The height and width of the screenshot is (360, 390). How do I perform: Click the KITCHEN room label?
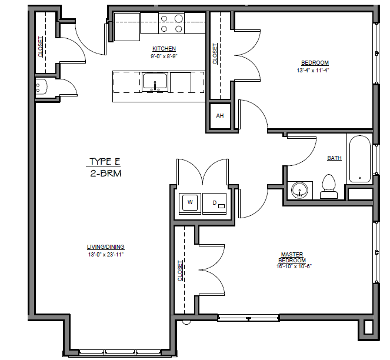(x=164, y=48)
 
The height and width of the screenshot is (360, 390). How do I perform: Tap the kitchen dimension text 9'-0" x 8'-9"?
(x=164, y=56)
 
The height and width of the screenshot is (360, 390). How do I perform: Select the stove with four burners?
(x=171, y=24)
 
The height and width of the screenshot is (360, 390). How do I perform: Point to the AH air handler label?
(x=220, y=116)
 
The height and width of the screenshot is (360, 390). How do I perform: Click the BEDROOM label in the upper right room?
(x=315, y=63)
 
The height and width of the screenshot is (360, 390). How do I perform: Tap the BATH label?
(x=334, y=158)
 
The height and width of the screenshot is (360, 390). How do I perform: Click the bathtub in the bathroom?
(x=359, y=159)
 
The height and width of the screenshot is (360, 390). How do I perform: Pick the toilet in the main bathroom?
(x=328, y=185)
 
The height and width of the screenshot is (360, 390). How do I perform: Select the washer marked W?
(x=190, y=202)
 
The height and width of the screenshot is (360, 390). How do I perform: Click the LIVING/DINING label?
(x=106, y=246)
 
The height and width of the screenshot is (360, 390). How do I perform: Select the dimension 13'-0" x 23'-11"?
(x=106, y=254)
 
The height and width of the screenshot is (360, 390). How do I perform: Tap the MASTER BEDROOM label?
(x=292, y=257)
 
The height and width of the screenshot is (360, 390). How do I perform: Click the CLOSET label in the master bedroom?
(x=180, y=271)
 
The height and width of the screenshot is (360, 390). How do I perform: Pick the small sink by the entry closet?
(x=39, y=88)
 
